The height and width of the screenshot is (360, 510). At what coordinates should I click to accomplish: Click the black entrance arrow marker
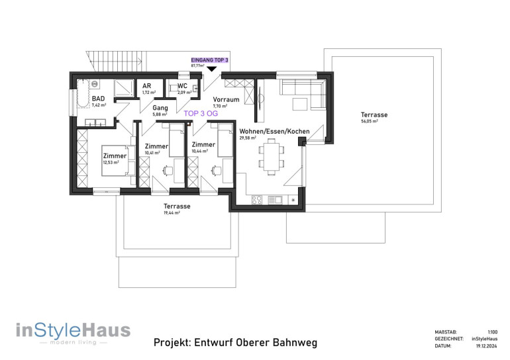tap(212, 69)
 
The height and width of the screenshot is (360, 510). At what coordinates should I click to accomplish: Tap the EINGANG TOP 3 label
tap(209, 60)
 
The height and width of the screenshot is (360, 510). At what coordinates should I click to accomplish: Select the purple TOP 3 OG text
tap(201, 113)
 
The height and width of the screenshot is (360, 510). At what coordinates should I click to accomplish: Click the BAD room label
tap(98, 99)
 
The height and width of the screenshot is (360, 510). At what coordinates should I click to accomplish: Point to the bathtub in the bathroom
tap(83, 93)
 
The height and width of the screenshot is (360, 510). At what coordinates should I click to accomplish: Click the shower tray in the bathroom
tap(124, 89)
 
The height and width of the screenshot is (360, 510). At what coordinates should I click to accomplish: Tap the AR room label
tap(146, 86)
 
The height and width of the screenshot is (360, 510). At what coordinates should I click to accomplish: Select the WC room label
tap(182, 86)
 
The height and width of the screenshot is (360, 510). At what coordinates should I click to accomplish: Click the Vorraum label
tap(226, 99)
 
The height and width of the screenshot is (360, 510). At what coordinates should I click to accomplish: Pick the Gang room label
tap(160, 108)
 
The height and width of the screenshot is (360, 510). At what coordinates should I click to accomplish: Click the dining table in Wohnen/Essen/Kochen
tap(271, 155)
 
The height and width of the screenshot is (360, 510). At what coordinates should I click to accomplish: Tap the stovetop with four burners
tap(256, 200)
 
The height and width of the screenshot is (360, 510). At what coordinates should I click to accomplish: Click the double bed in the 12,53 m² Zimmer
tap(119, 161)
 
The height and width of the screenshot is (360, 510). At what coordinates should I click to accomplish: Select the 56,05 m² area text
tap(370, 122)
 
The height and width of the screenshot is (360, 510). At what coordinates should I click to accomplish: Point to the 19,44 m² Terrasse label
tap(177, 206)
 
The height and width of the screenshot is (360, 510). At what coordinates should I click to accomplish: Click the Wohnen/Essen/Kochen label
tap(274, 131)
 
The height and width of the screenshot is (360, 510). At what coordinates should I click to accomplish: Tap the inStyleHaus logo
tap(73, 333)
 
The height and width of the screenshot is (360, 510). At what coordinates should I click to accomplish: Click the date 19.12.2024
tap(487, 346)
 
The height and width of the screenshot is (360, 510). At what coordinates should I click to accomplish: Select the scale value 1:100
tap(492, 332)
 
